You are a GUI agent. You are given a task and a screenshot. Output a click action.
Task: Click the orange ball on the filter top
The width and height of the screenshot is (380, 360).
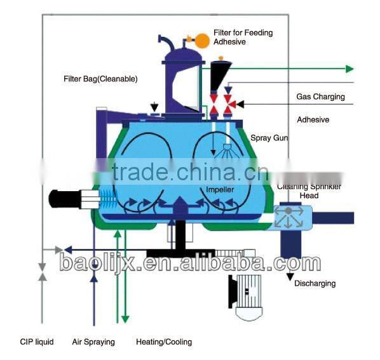point(202,41)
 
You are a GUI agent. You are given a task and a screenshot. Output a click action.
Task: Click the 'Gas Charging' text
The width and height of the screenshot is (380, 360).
point(320,97)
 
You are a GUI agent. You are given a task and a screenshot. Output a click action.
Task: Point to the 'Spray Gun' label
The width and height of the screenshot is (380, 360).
point(269,138)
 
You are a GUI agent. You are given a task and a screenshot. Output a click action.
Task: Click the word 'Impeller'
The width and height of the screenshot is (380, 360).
point(221,190)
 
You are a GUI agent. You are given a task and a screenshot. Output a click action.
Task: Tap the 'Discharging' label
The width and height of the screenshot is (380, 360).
point(315,283)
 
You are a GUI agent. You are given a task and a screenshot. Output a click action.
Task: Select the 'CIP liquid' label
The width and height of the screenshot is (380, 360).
point(36,342)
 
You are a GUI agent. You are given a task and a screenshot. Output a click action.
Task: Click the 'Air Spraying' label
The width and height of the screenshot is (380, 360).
point(93,342)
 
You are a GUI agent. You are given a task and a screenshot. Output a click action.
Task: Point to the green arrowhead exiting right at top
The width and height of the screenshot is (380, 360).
point(348,69)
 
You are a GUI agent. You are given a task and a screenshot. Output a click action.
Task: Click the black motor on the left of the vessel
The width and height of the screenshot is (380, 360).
point(67,198)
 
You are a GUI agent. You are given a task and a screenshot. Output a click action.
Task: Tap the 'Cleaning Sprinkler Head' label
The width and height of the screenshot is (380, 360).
point(309,191)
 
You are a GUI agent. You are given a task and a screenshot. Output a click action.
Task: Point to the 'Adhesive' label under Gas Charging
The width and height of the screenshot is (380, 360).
point(313,119)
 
